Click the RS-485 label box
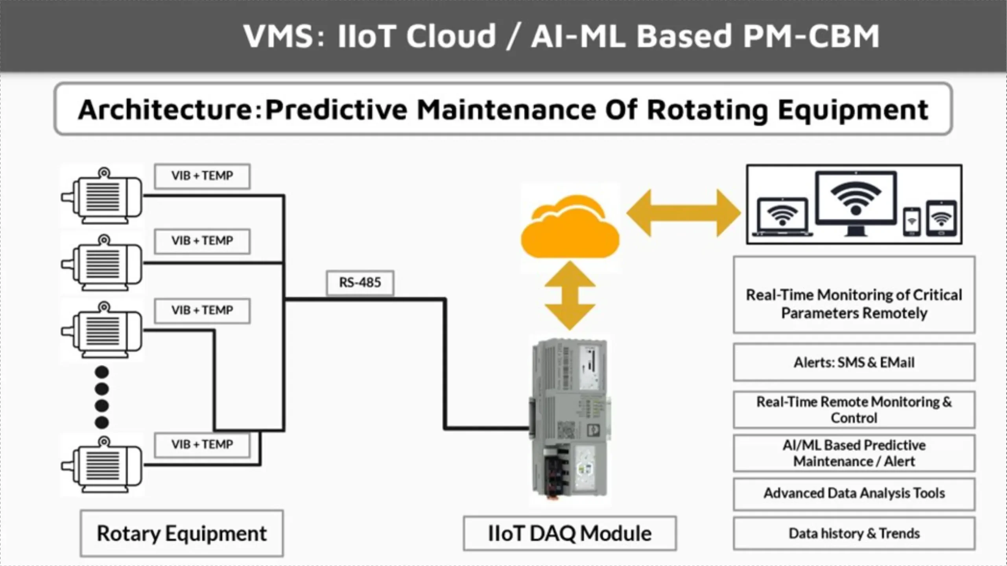click(x=360, y=283)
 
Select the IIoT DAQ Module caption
click(x=570, y=533)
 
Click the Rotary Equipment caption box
click(x=182, y=533)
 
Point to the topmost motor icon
click(x=102, y=196)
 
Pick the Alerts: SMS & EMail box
click(x=854, y=362)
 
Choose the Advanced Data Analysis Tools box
click(x=854, y=494)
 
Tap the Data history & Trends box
click(x=854, y=533)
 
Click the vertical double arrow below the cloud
click(x=570, y=296)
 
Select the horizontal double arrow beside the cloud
click(x=683, y=213)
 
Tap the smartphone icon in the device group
click(x=911, y=221)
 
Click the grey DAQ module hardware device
click(x=570, y=419)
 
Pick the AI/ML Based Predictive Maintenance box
click(x=854, y=453)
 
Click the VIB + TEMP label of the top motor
click(x=202, y=176)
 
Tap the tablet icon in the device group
click(x=941, y=218)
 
